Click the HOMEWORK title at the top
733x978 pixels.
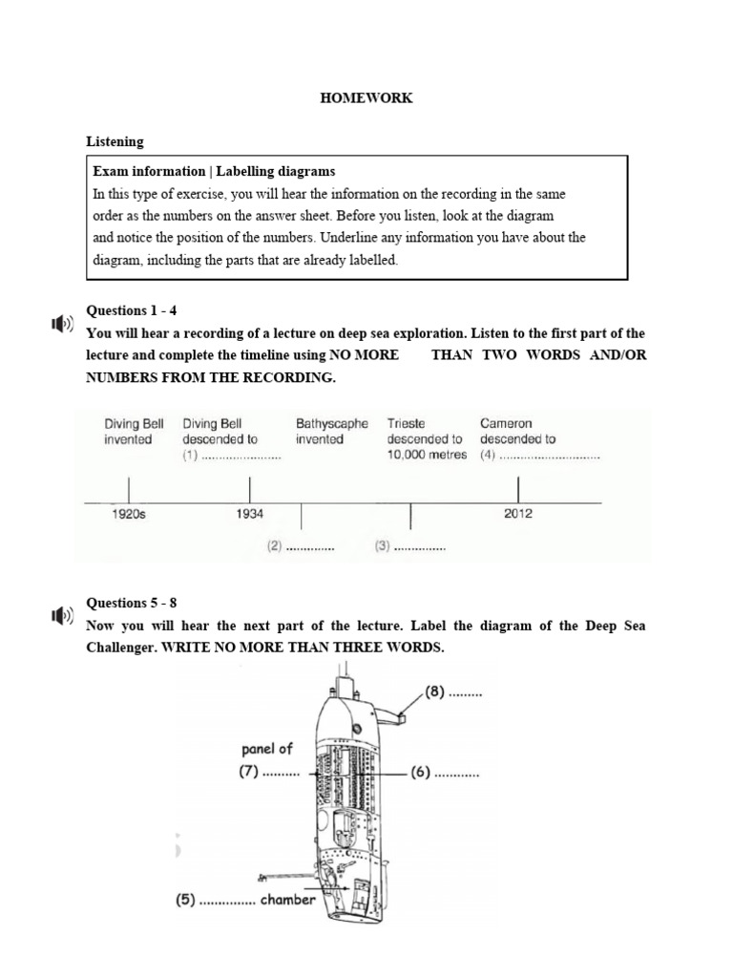[x=366, y=98]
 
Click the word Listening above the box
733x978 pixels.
[x=115, y=141]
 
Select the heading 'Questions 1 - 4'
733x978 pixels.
[x=133, y=310]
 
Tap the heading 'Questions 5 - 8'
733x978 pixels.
[x=132, y=603]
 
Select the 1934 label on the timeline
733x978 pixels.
[x=249, y=514]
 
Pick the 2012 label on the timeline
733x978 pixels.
[x=517, y=514]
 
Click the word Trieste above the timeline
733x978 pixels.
[x=407, y=423]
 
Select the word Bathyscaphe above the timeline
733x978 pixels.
[x=332, y=423]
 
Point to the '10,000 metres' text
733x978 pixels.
[x=427, y=455]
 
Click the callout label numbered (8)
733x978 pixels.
[x=454, y=693]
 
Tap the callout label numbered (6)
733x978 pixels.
[x=445, y=773]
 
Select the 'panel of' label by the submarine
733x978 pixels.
[x=266, y=750]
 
